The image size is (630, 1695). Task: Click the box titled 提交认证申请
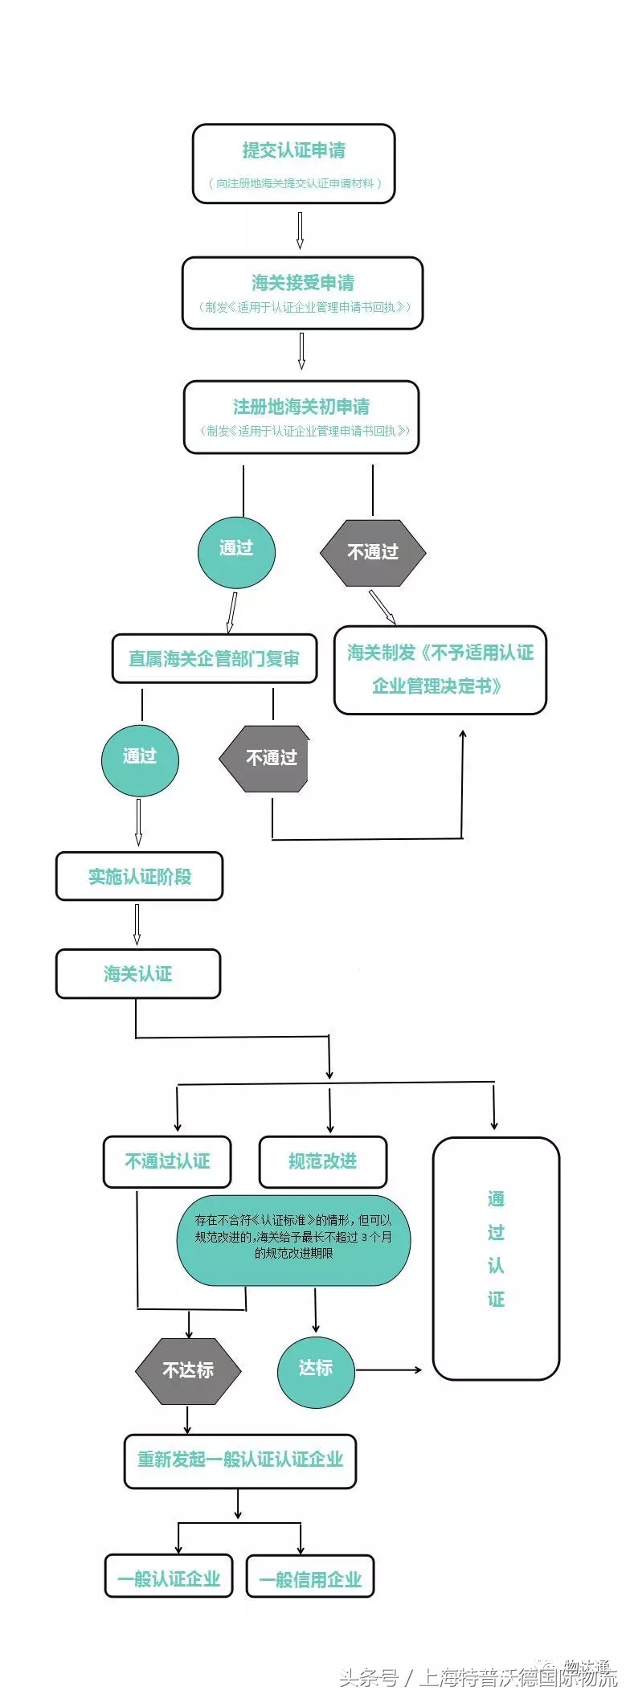click(293, 163)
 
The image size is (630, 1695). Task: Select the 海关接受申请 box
click(302, 293)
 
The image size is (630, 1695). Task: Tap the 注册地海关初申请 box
click(301, 417)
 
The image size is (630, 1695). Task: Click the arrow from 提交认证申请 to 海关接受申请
click(300, 230)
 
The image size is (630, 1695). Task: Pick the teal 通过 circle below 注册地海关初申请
click(236, 552)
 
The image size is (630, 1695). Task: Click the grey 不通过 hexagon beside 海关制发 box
click(373, 552)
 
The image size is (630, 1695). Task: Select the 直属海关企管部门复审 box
click(214, 659)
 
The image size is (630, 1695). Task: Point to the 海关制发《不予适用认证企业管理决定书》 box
click(440, 669)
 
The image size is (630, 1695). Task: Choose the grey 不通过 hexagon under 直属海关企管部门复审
click(265, 759)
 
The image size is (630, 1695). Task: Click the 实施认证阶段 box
click(139, 876)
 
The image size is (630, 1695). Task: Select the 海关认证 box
click(138, 974)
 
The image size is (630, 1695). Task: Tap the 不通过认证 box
click(167, 1161)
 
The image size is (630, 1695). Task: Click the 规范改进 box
click(322, 1161)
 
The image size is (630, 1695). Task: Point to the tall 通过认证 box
click(496, 1258)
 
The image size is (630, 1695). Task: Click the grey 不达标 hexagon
click(188, 1370)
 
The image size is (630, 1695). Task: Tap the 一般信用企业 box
click(310, 1579)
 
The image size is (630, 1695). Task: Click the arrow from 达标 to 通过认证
click(389, 1370)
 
